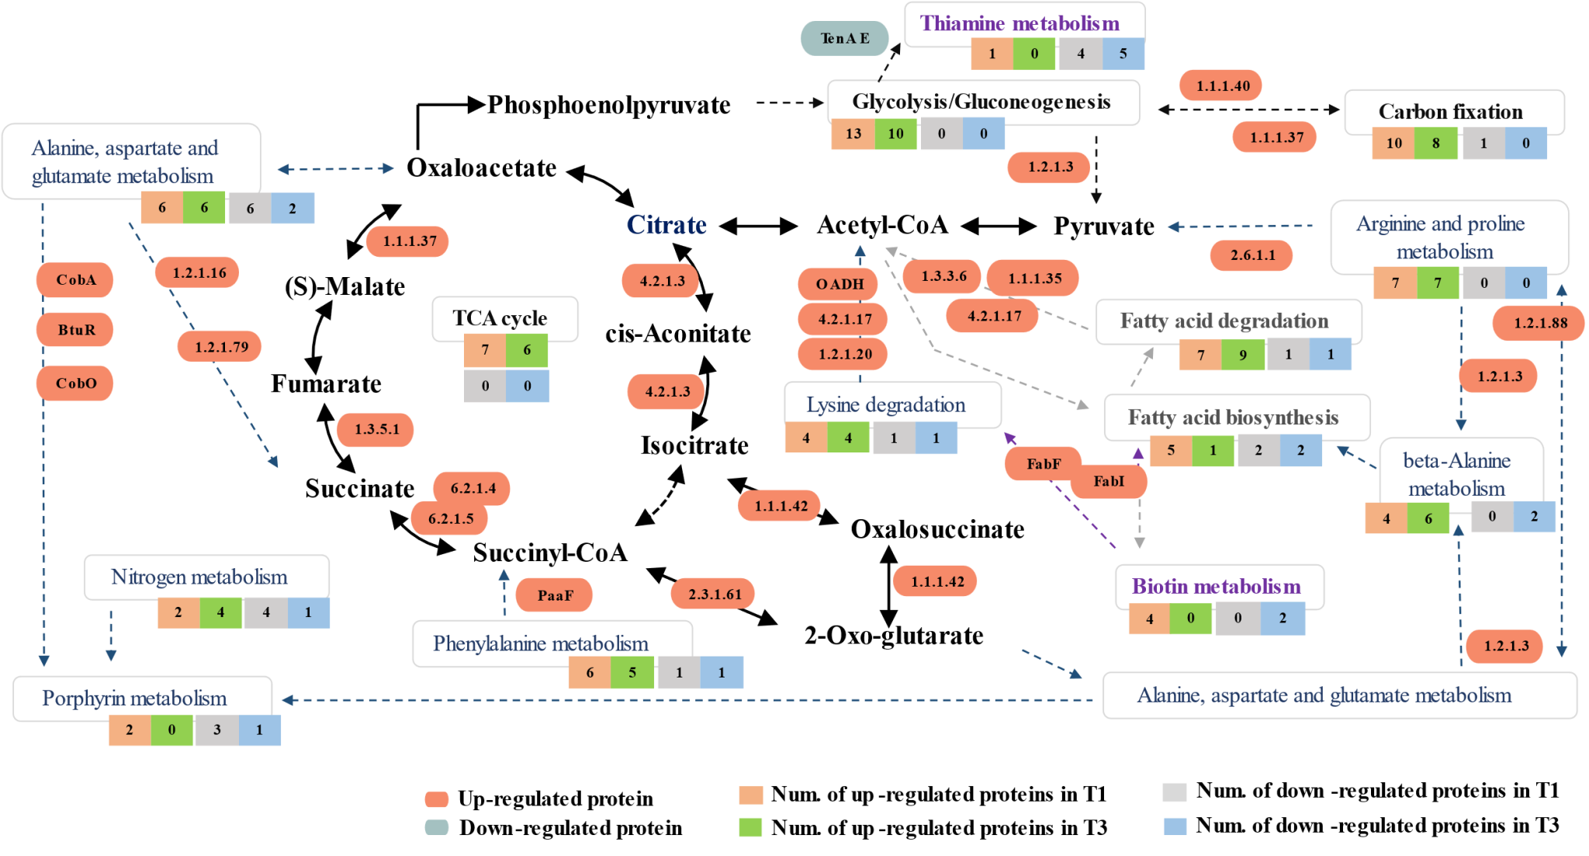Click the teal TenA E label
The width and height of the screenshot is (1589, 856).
click(x=845, y=39)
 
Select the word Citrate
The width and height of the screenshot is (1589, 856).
click(x=666, y=225)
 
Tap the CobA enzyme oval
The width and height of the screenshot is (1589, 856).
click(x=75, y=280)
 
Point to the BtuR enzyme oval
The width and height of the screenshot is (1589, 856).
click(x=75, y=330)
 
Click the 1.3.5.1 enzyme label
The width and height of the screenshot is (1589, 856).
click(x=376, y=429)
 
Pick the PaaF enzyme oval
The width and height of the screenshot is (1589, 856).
click(x=555, y=595)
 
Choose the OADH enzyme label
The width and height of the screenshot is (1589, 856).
click(x=838, y=284)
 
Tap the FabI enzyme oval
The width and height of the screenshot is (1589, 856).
click(x=1108, y=482)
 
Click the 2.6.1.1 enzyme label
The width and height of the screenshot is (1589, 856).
click(x=1251, y=255)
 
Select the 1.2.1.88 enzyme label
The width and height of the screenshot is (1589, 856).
click(x=1539, y=323)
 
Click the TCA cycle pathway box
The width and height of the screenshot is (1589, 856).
click(x=505, y=318)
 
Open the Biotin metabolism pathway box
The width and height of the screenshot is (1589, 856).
click(x=1219, y=587)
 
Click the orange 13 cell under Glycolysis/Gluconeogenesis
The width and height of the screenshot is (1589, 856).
click(x=853, y=133)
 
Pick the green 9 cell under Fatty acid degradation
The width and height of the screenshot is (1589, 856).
click(x=1243, y=355)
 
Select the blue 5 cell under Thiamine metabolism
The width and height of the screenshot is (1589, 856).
click(x=1123, y=54)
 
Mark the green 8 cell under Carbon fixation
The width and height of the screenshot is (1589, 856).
click(x=1436, y=144)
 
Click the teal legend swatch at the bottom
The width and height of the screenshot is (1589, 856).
click(x=437, y=827)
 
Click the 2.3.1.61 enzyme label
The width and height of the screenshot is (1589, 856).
click(x=713, y=594)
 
